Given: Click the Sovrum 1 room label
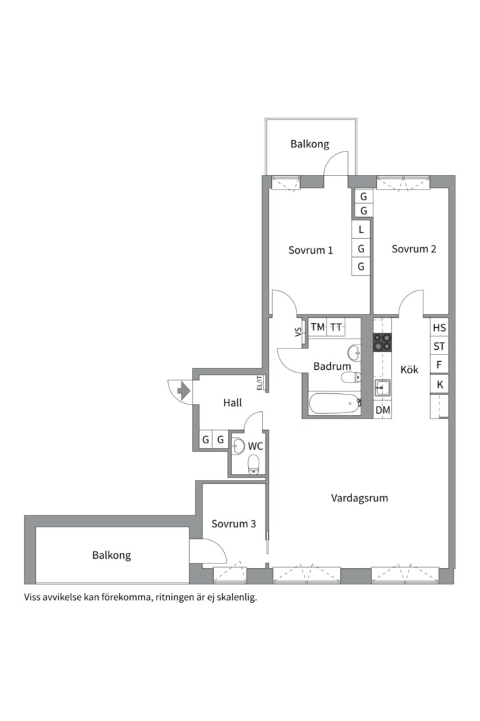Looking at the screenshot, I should (311, 250).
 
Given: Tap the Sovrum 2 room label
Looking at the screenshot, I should (413, 249).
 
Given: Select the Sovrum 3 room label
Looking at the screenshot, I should (233, 524).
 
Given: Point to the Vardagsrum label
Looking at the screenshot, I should (359, 498).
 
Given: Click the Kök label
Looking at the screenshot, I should (409, 369).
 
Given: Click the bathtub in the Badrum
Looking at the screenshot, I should (334, 403).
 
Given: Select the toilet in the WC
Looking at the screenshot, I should (253, 464).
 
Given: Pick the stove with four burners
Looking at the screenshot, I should (383, 342).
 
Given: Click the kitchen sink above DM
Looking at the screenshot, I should (383, 389).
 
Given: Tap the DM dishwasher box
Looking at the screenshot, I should (383, 411).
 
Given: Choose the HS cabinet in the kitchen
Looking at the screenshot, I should (439, 328).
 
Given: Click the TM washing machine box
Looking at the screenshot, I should (317, 327).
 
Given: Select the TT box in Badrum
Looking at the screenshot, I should (336, 327).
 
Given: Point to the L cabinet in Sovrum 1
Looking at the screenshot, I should (361, 229).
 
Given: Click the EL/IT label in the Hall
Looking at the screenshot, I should (259, 383).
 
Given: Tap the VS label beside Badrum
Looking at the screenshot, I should (297, 332).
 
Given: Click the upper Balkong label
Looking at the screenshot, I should (309, 144).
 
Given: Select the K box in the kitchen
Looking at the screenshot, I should (439, 385).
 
